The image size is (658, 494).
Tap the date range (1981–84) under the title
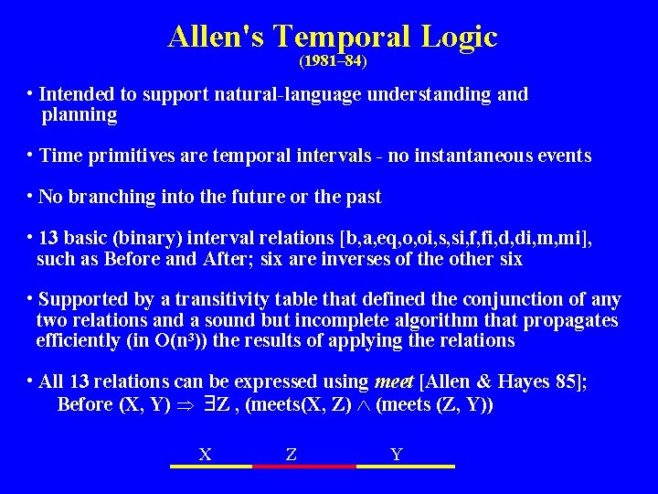pos(333,62)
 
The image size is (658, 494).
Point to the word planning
pos(80,115)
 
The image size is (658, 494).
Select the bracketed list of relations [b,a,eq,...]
pos(464,238)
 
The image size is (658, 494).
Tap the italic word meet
pos(391,381)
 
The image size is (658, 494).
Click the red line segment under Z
pos(303,466)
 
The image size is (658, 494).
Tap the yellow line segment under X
pos(211,466)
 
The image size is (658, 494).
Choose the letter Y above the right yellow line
pos(395,454)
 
